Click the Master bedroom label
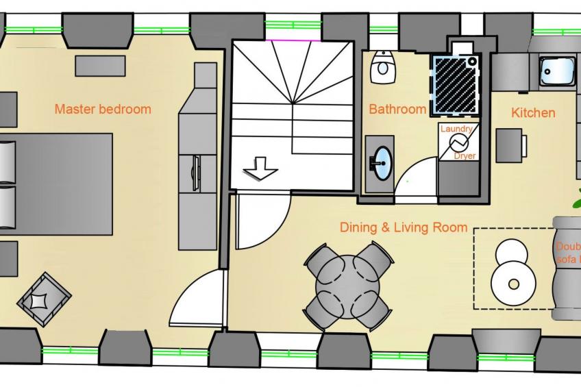coord(103,109)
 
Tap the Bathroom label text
coord(397,109)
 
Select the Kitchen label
coord(533,112)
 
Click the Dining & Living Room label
coord(404,227)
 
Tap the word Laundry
coord(457,129)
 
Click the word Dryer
coord(465,155)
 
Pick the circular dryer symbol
coord(458,142)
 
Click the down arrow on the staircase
coord(260,168)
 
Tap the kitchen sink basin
coord(556,70)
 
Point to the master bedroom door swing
coord(195,301)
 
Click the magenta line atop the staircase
coord(291,40)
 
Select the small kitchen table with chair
coord(510,145)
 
